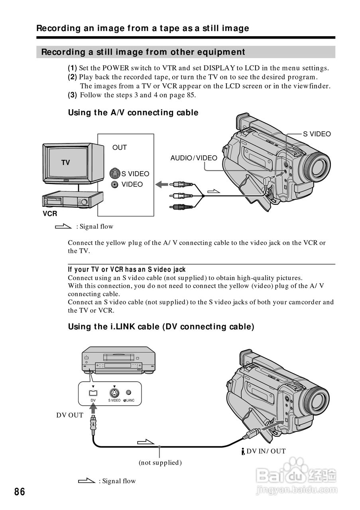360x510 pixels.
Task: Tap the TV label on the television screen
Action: pos(66,163)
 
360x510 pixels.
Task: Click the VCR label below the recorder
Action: pos(50,214)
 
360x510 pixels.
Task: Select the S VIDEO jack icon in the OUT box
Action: pos(115,173)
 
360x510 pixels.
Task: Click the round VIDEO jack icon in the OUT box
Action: pos(115,184)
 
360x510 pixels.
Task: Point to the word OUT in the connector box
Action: pos(120,147)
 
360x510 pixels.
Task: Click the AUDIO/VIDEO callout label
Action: pos(194,158)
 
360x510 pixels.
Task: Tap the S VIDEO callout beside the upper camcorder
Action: pos(317,134)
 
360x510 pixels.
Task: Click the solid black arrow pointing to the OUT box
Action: pos(162,184)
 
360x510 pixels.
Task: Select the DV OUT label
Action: pos(70,415)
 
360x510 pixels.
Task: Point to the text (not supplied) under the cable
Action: pos(160,463)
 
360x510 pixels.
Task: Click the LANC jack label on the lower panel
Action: pos(130,400)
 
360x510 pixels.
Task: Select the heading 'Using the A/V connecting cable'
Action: pos(133,113)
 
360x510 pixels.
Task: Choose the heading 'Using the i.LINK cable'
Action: pos(161,327)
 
